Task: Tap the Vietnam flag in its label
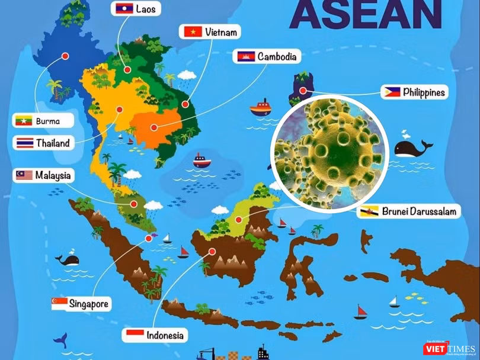tap(193, 32)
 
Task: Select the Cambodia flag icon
tap(246, 57)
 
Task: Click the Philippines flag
tap(392, 92)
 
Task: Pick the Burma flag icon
tap(24, 121)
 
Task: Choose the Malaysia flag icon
tap(24, 175)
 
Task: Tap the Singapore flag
tap(59, 304)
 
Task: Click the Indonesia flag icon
tap(135, 335)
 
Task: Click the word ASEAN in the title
tap(366, 15)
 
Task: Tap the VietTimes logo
tap(449, 349)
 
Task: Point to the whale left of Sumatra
tap(68, 259)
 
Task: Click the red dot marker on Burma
tap(65, 56)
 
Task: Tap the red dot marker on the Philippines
tap(303, 91)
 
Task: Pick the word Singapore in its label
tap(89, 304)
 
